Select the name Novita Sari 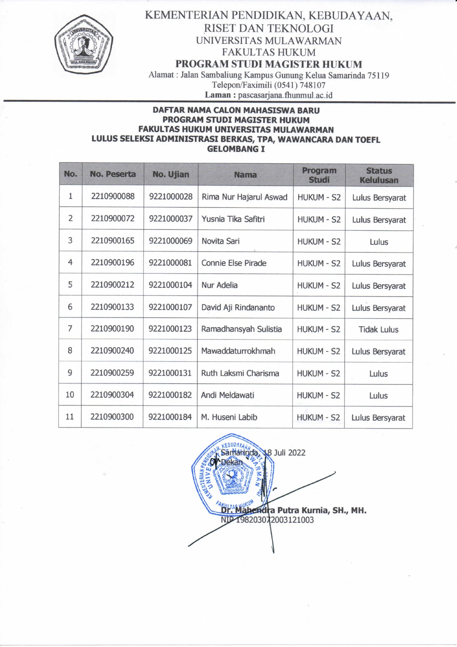click(220, 241)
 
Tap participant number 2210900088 click(113, 196)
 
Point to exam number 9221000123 click(170, 329)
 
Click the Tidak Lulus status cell click(378, 330)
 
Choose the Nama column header click(245, 175)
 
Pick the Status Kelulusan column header click(379, 175)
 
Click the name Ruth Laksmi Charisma click(240, 373)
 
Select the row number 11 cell click(70, 417)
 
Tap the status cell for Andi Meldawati click(378, 396)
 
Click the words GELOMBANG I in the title click(236, 149)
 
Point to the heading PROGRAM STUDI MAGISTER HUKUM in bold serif click(269, 64)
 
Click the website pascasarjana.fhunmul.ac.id click(285, 95)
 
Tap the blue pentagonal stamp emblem click(232, 476)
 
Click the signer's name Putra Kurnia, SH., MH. click(321, 510)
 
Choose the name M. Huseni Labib click(229, 417)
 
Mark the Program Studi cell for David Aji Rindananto click(319, 307)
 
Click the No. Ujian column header click(171, 174)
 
